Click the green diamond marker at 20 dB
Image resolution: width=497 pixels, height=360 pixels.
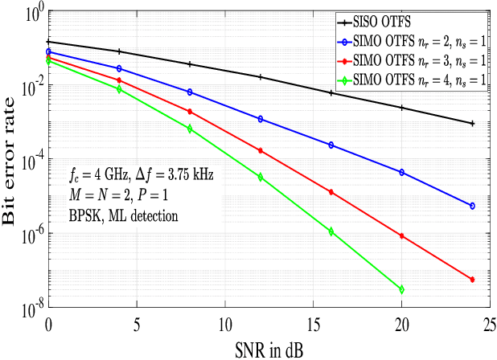(401, 289)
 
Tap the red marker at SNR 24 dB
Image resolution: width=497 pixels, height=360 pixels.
(472, 280)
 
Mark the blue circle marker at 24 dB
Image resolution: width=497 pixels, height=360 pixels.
(472, 206)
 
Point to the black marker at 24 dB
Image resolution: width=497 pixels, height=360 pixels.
(472, 123)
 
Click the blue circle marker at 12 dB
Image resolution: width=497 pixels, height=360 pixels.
(260, 119)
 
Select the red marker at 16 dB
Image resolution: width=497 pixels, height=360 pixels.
(331, 192)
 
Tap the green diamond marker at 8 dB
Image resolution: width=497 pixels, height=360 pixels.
(190, 129)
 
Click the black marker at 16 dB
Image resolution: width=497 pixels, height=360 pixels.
(331, 93)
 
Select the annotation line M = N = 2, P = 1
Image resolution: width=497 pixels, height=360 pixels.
(121, 195)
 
